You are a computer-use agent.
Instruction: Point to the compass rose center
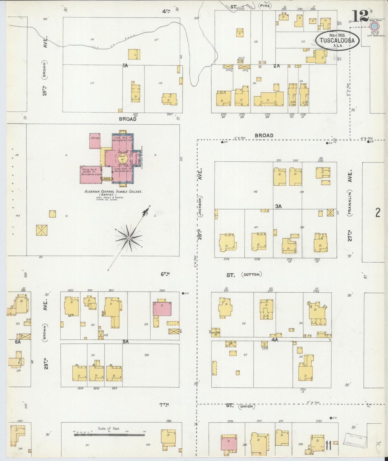coord(129,238)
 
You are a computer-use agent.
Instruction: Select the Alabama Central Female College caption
coord(113,192)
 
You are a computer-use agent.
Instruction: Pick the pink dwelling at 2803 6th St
coord(162,309)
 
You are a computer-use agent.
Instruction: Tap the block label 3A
coord(278,206)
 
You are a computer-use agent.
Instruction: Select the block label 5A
coord(125,342)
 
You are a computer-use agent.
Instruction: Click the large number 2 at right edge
coord(378,213)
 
